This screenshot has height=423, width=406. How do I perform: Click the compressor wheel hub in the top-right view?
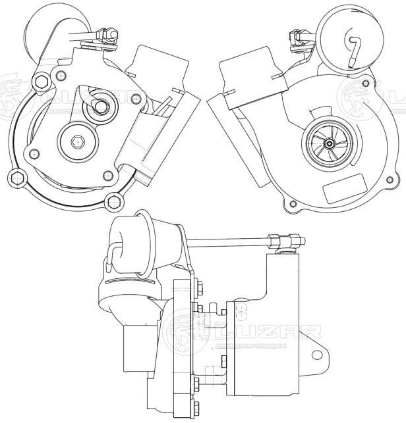coord(329,139)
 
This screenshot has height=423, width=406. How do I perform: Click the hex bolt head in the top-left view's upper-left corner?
coord(40,82)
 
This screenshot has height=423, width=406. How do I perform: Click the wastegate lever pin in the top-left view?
coord(102,105)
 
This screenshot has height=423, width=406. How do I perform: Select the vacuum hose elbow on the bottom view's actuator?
coord(117,248)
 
